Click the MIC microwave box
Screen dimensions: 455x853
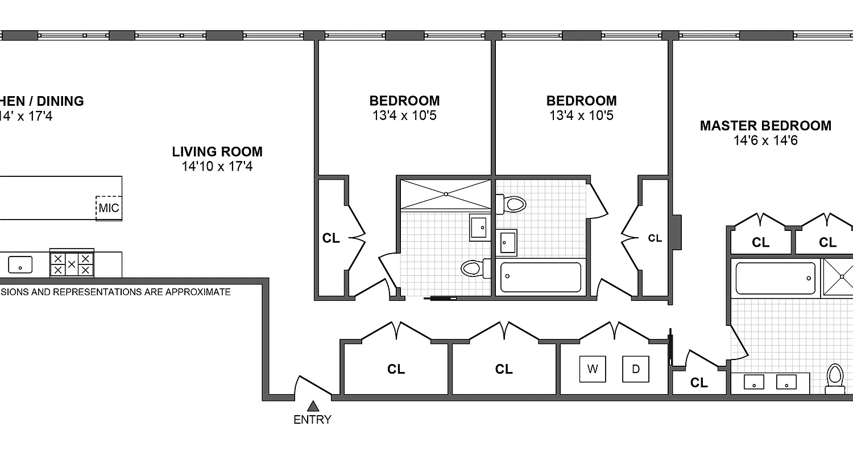click(109, 208)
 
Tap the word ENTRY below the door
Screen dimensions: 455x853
click(312, 420)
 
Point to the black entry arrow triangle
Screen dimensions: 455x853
click(312, 406)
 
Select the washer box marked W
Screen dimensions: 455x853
click(593, 369)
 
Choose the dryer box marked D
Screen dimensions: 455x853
click(636, 369)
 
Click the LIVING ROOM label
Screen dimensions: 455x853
click(217, 152)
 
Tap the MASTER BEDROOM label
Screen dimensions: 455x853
click(765, 126)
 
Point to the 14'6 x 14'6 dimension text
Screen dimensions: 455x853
click(765, 140)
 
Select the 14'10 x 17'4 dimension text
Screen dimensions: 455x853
click(217, 167)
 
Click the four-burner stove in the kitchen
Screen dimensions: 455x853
click(72, 264)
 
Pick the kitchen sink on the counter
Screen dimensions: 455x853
click(20, 264)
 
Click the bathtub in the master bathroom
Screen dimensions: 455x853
click(776, 278)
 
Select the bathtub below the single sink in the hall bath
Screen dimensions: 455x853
click(540, 277)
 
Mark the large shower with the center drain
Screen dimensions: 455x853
click(445, 195)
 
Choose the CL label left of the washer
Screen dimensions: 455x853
click(504, 370)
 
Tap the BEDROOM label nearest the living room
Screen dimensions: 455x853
click(404, 101)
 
